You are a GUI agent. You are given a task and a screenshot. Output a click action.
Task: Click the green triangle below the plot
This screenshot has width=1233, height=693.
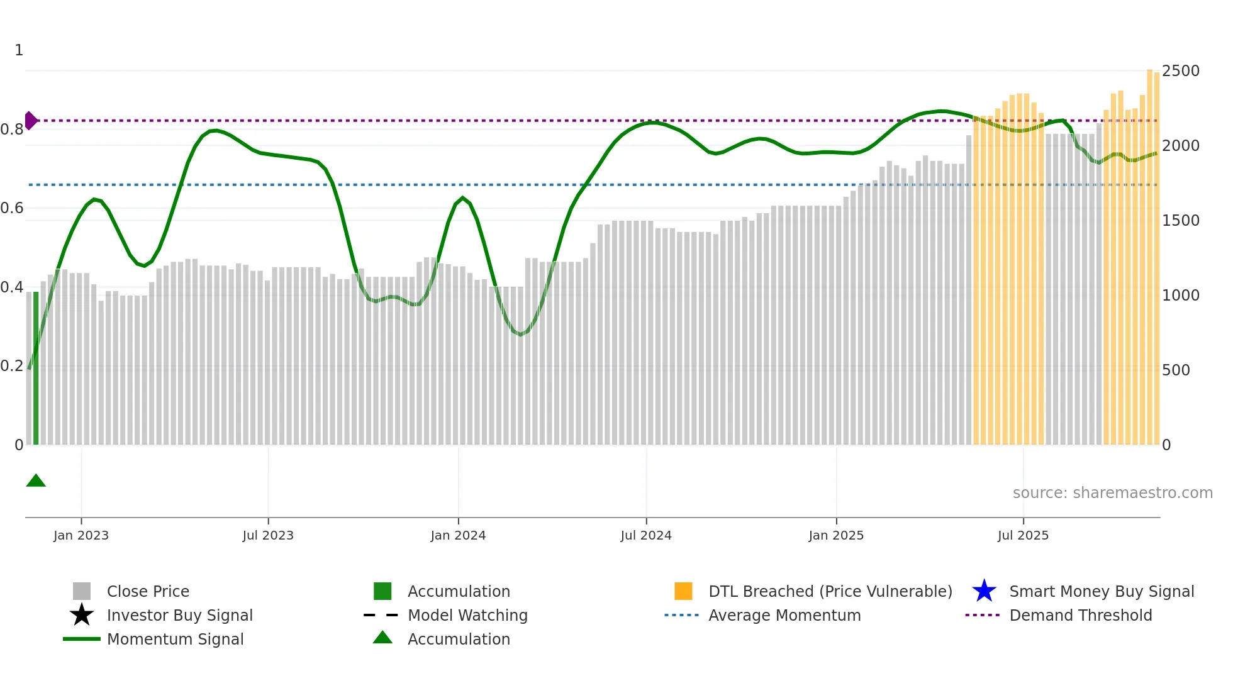click(x=36, y=481)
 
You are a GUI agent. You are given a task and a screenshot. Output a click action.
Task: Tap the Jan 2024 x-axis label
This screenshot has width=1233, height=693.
click(x=458, y=535)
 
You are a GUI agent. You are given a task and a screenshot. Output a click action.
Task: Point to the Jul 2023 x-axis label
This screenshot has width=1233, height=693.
click(x=268, y=535)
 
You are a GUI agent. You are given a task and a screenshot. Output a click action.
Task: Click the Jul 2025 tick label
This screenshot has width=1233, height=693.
click(x=1023, y=535)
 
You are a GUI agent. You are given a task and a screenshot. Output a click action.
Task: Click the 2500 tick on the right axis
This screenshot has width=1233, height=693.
click(x=1180, y=71)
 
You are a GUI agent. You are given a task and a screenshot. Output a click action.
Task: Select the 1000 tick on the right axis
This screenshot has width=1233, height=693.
click(x=1180, y=296)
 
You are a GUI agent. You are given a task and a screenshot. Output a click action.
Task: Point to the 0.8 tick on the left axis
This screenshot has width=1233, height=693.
click(x=13, y=130)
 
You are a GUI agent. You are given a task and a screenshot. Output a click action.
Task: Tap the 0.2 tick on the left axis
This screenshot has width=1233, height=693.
click(x=13, y=366)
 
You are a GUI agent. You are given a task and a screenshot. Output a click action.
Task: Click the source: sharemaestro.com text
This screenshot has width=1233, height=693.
click(x=1112, y=493)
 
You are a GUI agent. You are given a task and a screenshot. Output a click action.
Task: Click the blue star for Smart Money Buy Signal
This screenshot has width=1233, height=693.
click(x=984, y=591)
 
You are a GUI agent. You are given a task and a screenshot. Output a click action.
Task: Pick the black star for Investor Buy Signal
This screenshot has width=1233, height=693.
click(x=82, y=615)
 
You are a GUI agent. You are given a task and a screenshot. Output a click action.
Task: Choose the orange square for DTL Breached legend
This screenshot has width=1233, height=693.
click(x=683, y=591)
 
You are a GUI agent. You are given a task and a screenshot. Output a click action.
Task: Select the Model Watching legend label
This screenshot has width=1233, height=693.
click(x=467, y=615)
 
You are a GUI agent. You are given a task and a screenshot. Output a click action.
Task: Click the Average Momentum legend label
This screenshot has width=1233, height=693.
click(x=784, y=615)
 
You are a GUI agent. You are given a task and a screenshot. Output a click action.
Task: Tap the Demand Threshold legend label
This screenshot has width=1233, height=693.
click(x=1080, y=615)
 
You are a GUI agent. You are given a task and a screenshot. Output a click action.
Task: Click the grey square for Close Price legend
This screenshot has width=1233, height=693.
click(x=82, y=591)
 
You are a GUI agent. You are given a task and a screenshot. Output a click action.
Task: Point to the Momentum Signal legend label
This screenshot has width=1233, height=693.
click(x=175, y=639)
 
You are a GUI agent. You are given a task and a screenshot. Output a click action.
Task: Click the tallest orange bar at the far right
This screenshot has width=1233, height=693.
click(x=1149, y=252)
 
